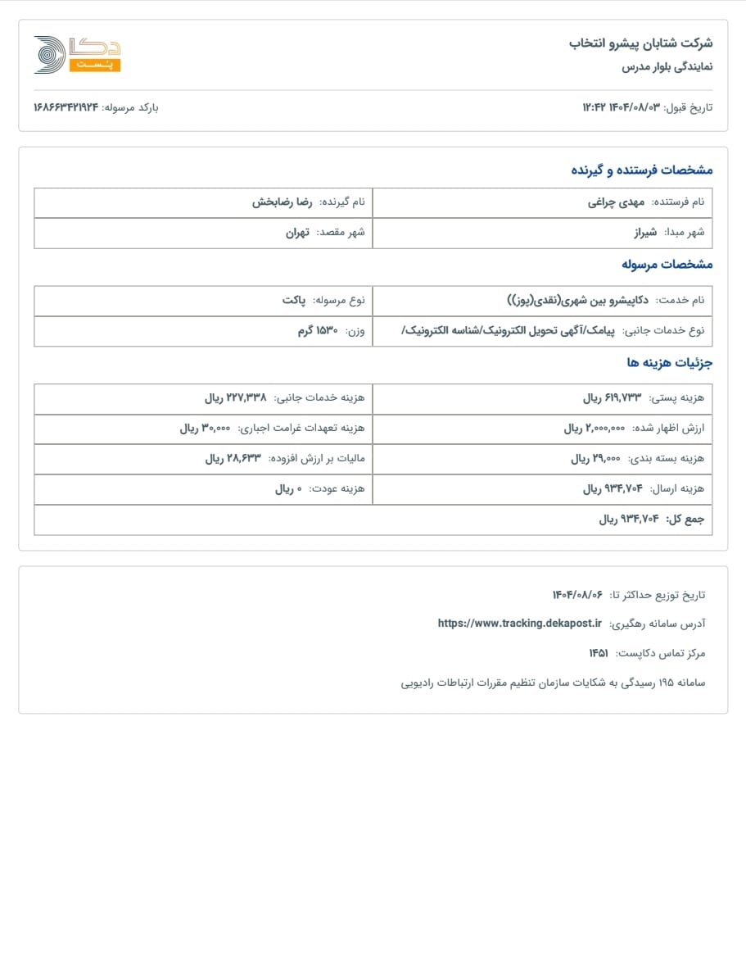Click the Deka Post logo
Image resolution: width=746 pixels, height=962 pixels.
pos(77,55)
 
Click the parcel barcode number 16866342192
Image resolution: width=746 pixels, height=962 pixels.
pos(66,107)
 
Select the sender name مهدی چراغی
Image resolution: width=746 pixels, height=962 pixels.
pos(617,202)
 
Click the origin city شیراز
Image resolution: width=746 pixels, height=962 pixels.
pos(645,233)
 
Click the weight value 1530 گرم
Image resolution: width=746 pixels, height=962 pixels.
pos(318,330)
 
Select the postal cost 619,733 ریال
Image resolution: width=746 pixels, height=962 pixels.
pos(613,398)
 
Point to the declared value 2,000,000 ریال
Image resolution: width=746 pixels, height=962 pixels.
pos(595,429)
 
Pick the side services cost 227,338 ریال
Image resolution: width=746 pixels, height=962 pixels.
pos(235,398)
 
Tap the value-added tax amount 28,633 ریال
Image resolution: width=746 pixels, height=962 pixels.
pos(233,459)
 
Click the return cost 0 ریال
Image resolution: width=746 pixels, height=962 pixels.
pos(289,489)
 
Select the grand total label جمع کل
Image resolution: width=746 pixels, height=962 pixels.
pos(684,520)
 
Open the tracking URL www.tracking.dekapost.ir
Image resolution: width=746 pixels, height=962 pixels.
pos(520,623)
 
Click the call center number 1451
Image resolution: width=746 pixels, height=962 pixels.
pos(599,653)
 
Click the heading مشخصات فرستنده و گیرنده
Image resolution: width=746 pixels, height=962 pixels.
pos(642,170)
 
